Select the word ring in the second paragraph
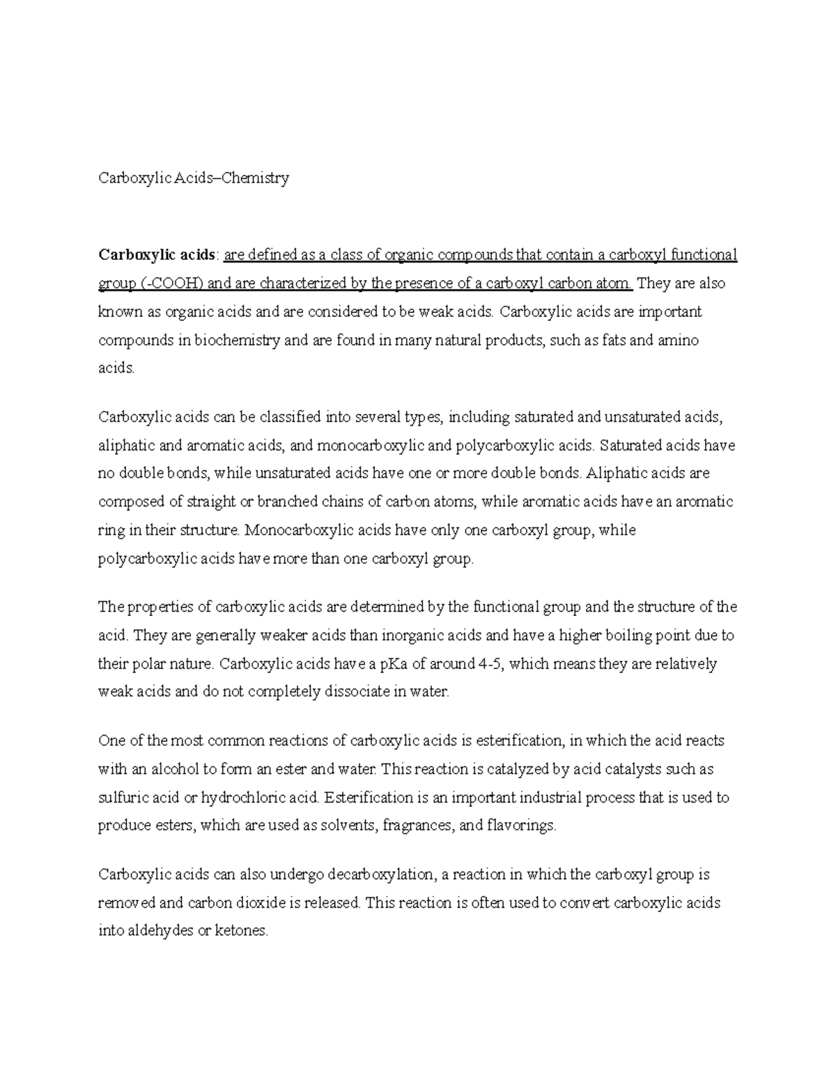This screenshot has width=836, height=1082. coord(111,531)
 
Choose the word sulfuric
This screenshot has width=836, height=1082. coord(124,798)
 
